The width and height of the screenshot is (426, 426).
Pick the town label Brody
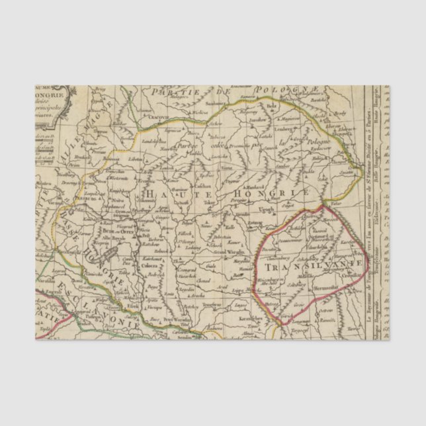(340, 114)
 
